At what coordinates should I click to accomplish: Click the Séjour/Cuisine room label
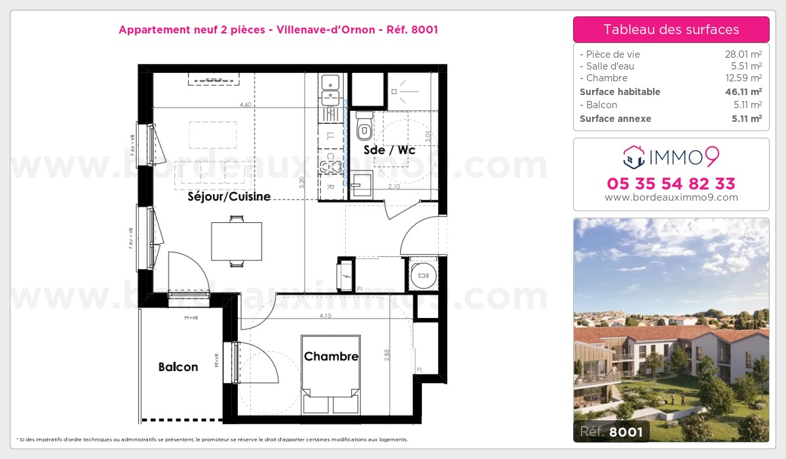pos(229,196)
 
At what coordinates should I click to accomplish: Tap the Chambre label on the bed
pos(331,356)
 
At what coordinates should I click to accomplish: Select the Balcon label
pos(178,367)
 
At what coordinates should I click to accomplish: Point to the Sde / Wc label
pos(390,150)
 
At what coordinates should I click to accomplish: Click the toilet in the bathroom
pos(364,127)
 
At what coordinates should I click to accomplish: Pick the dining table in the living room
pos(236,241)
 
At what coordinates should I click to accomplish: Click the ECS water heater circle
pos(419,275)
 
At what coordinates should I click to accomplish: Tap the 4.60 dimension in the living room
pos(246,104)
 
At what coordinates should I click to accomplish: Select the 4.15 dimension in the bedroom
pos(326,316)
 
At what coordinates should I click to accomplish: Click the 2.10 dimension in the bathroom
pos(394,187)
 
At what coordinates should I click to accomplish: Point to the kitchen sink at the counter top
pos(331,82)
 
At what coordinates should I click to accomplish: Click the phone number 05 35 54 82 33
pos(671,184)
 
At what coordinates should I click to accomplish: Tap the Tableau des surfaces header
pos(671,30)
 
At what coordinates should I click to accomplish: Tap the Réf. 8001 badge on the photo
pos(612,431)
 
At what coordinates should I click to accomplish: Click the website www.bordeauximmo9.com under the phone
pos(671,197)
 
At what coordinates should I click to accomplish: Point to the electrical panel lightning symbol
pos(346,275)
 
